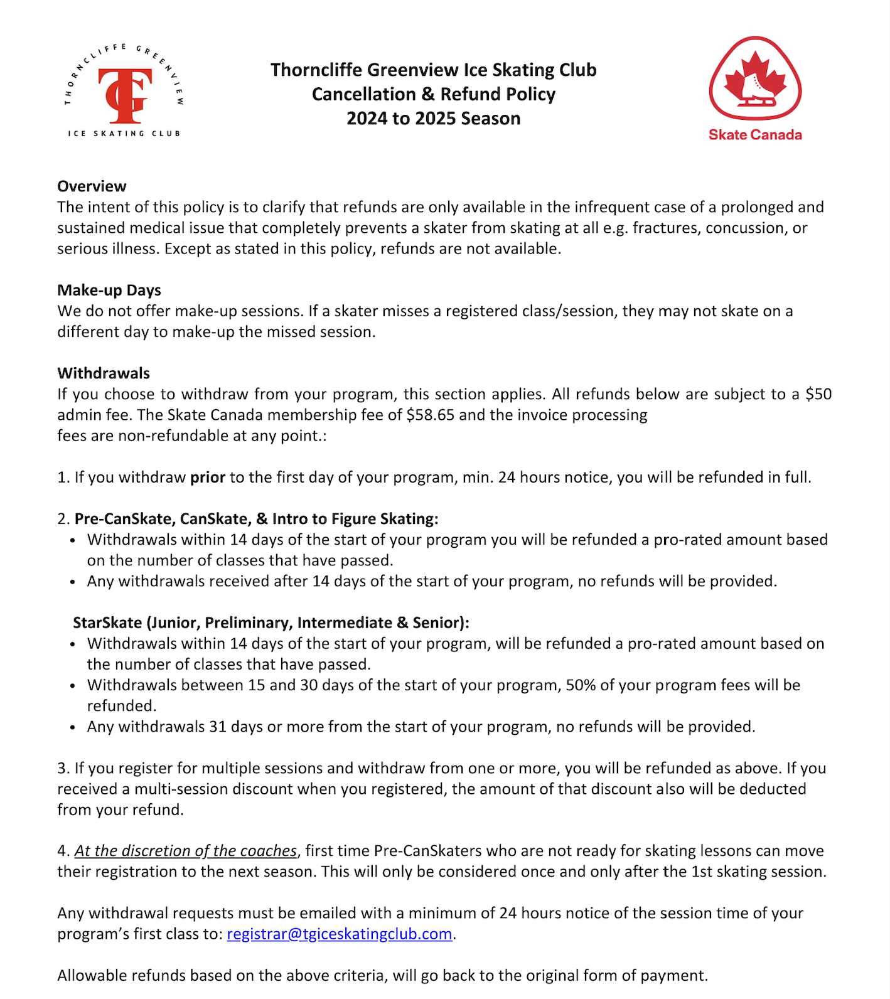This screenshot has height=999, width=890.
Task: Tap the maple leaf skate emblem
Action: tap(755, 79)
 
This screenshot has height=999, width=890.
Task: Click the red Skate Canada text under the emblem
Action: tap(755, 135)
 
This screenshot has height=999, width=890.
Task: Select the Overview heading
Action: tap(92, 186)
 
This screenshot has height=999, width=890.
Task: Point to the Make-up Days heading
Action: tap(109, 291)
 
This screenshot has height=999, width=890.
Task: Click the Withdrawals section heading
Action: tap(104, 373)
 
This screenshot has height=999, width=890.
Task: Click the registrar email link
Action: tap(339, 934)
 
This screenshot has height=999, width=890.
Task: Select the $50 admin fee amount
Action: tap(818, 395)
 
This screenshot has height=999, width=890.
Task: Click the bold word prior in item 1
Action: tap(208, 478)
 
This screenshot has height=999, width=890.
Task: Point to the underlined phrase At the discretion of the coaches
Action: tap(186, 852)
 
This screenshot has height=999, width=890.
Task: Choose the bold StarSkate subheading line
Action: tap(271, 623)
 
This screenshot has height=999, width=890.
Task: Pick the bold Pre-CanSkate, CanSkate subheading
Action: tap(256, 519)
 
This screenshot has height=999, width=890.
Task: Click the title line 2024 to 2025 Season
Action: tap(433, 119)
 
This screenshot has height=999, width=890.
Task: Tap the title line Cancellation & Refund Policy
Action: tap(433, 94)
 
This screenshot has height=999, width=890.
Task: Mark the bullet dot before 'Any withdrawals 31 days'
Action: tap(73, 728)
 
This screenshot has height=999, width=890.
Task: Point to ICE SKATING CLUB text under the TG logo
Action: tap(124, 134)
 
